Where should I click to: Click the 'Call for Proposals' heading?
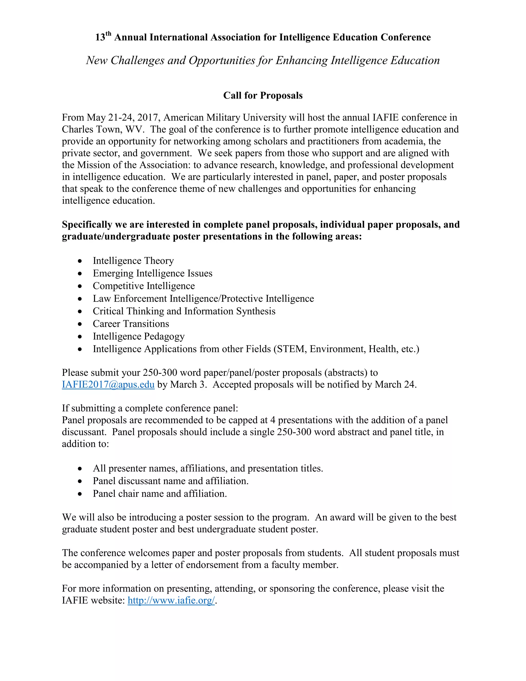[263, 95]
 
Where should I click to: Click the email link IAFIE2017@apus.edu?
[108, 384]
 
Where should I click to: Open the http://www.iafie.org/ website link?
[171, 600]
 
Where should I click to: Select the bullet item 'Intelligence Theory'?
[133, 261]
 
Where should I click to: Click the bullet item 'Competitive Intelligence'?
[144, 286]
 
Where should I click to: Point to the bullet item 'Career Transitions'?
[131, 324]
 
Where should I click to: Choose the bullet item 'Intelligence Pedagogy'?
[139, 336]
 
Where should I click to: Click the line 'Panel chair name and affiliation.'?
[159, 494]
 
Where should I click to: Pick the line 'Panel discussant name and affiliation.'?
[171, 481]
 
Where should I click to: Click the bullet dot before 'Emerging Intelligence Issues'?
[80, 274]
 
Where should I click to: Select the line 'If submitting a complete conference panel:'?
[150, 408]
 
